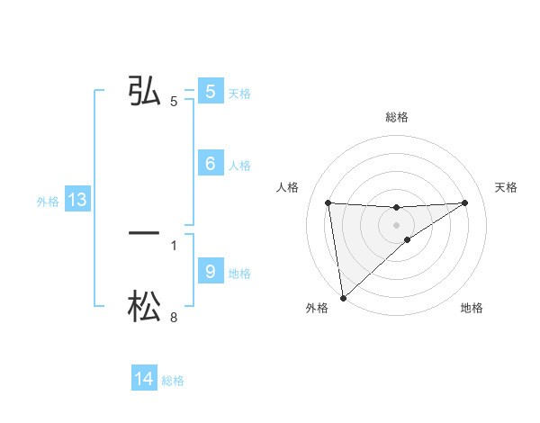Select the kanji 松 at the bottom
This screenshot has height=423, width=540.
(144, 306)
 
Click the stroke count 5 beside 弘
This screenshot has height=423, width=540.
(174, 102)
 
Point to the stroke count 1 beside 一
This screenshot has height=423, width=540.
(174, 245)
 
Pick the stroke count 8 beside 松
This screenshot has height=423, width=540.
(174, 318)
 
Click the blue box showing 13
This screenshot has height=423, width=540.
(76, 201)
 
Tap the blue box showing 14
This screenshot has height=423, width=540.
(144, 380)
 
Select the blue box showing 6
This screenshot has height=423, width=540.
(210, 163)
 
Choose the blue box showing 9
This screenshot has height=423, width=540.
(210, 271)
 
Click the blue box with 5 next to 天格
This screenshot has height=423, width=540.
(210, 91)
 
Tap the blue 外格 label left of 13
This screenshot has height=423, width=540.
(48, 202)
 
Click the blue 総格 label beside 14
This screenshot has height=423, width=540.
(173, 382)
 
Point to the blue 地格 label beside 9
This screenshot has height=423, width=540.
(240, 274)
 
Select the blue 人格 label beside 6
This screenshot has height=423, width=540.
(240, 166)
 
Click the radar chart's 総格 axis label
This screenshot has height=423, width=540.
(397, 117)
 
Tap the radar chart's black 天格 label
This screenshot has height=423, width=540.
(507, 187)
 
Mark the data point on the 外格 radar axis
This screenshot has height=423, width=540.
(343, 298)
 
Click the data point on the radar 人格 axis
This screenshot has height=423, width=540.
(328, 202)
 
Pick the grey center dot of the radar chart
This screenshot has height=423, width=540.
(397, 225)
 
